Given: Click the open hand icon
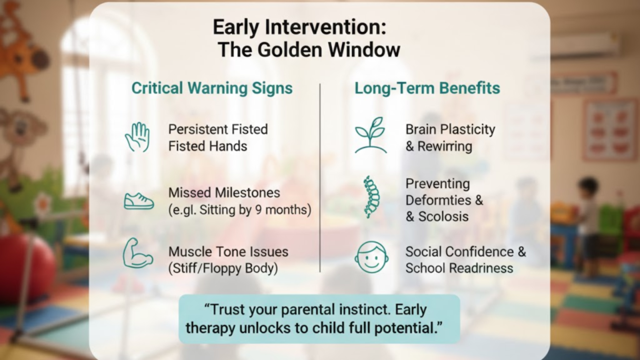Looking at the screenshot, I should [x=137, y=137].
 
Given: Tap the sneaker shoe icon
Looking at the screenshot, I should [x=137, y=201].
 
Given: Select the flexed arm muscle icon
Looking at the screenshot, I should [x=137, y=254].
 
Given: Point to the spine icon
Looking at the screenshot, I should [x=371, y=197].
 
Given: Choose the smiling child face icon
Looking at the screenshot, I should [x=371, y=258].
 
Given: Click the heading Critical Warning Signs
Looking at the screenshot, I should [x=212, y=88].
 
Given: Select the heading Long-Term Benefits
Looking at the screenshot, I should [x=427, y=88].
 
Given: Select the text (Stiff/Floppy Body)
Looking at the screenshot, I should [x=222, y=269].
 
